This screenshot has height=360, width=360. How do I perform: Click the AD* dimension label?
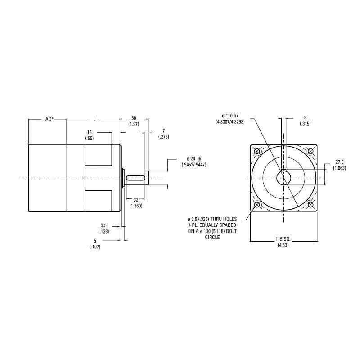coord(49,119)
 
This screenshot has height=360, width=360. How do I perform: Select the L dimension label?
coord(94,119)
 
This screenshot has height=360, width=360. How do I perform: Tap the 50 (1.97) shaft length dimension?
coord(134,121)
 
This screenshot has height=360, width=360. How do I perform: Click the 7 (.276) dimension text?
coord(164,134)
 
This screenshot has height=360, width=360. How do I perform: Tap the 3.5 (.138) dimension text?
coord(104,229)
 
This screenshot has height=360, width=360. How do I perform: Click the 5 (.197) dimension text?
coord(95,244)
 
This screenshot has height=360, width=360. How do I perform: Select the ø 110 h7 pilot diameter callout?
coord(230,119)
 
